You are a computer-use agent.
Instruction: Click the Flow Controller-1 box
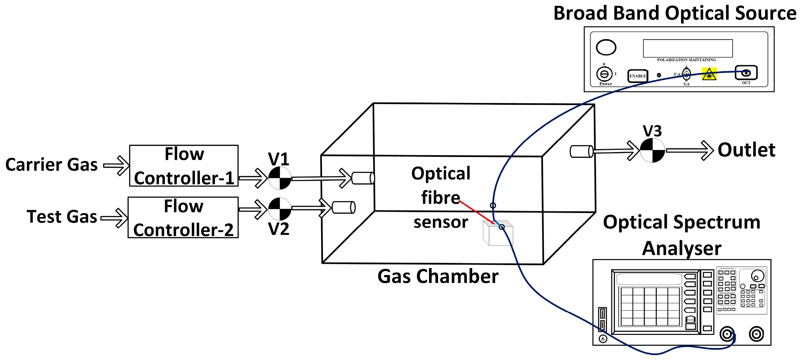184,166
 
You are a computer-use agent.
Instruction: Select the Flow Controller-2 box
183,217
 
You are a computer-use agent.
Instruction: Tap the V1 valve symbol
280,178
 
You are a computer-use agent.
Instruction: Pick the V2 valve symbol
280,209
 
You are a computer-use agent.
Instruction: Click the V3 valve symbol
653,150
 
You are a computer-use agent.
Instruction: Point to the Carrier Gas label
52,165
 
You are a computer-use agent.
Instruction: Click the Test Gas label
62,216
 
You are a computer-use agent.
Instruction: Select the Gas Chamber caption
438,276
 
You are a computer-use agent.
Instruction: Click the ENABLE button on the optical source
637,76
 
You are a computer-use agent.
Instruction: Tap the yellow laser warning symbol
709,74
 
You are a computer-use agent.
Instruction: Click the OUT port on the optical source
746,73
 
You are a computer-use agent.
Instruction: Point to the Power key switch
604,74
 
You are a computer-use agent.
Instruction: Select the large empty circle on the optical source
606,48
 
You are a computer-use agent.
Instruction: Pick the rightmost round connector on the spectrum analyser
756,334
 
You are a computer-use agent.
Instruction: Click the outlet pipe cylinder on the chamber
581,151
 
